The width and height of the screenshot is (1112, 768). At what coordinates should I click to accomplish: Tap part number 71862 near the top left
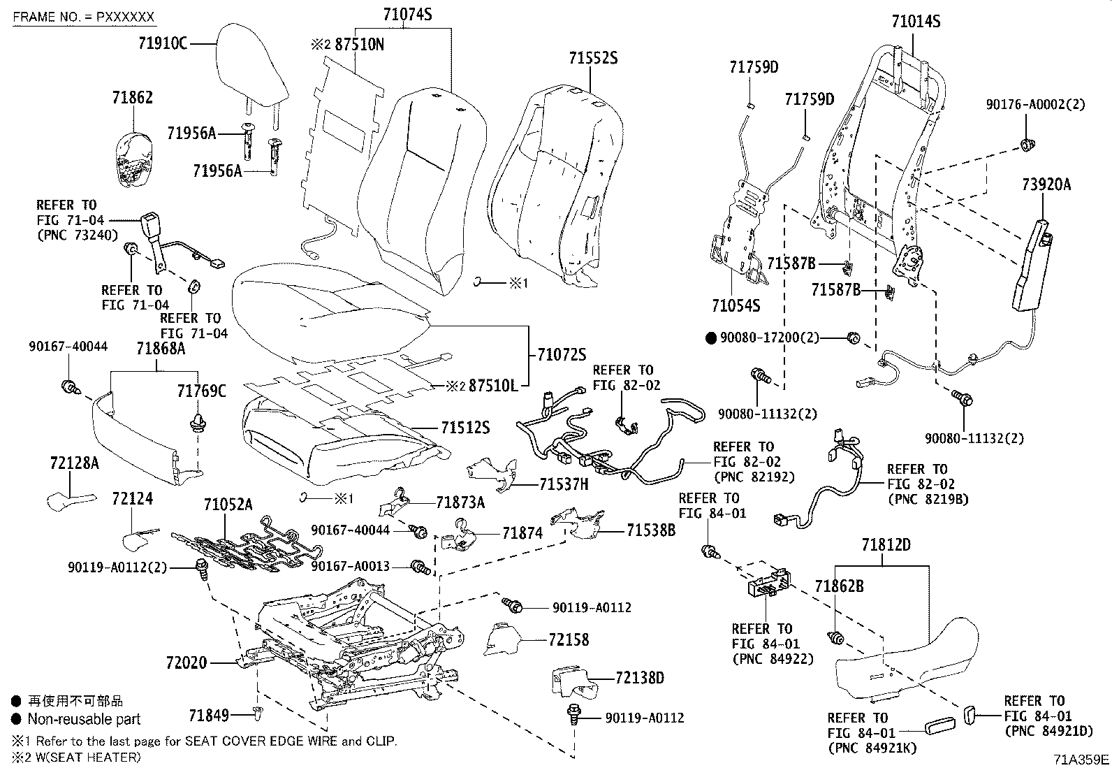click(x=133, y=97)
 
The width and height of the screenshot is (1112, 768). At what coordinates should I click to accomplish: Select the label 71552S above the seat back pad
click(x=593, y=58)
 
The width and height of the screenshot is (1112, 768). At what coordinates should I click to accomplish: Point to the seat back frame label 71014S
click(x=916, y=22)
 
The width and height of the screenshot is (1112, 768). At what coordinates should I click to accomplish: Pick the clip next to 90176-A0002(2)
click(x=1027, y=145)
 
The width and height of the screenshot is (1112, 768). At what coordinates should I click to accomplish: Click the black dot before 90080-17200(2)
click(x=711, y=338)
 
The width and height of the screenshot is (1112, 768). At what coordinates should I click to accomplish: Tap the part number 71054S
click(x=736, y=305)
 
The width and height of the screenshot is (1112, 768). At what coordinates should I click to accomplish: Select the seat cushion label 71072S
click(x=562, y=354)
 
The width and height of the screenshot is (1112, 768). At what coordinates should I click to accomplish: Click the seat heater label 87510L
click(x=493, y=386)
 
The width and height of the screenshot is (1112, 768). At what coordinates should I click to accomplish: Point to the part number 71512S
click(x=466, y=427)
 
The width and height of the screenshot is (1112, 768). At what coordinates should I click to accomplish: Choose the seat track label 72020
click(x=186, y=662)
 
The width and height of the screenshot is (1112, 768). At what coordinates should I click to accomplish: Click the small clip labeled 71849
click(x=257, y=714)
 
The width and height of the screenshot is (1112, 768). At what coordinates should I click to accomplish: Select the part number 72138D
click(x=640, y=678)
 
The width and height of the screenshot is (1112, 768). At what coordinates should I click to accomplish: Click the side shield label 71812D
click(x=886, y=545)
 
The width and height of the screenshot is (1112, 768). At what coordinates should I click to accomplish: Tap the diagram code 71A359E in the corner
click(x=1081, y=760)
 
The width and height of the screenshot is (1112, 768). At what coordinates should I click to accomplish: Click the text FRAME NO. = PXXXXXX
click(x=83, y=17)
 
